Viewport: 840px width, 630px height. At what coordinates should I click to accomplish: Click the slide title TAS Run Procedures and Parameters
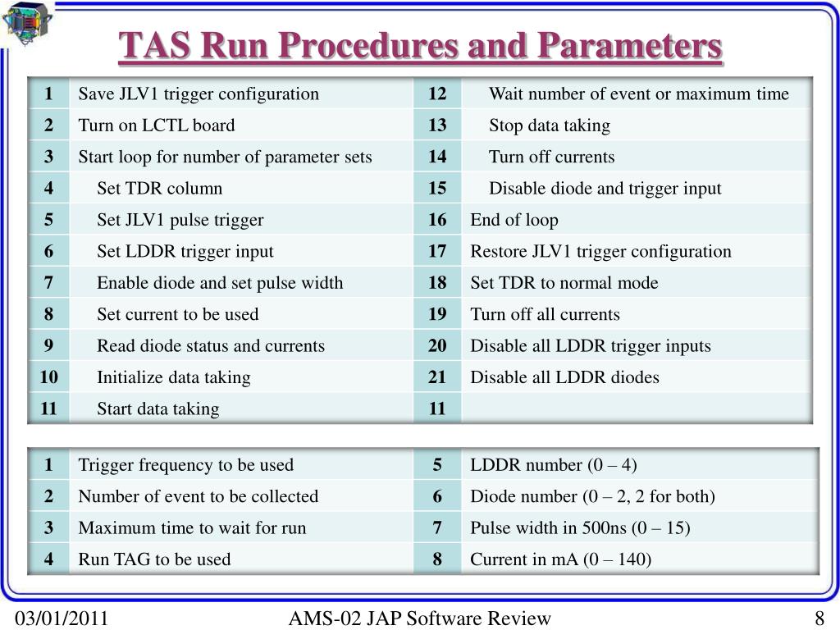click(x=421, y=47)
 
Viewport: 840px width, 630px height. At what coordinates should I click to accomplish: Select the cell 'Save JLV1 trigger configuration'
click(x=199, y=94)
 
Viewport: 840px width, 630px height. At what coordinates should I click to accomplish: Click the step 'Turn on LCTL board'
click(x=157, y=126)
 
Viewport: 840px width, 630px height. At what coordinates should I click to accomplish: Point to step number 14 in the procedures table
click(x=437, y=157)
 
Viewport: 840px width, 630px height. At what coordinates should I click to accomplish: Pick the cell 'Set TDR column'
click(x=160, y=189)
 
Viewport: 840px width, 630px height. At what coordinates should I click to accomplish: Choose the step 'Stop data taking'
click(x=550, y=126)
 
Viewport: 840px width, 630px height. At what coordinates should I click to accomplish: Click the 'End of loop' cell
click(x=514, y=220)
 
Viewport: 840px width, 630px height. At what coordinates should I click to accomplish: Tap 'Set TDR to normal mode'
click(x=564, y=283)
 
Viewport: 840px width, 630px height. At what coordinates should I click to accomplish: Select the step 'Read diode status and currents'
click(x=211, y=345)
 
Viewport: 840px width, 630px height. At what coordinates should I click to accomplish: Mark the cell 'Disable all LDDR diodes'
click(x=564, y=377)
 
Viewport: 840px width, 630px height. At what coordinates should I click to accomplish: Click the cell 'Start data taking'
click(x=158, y=409)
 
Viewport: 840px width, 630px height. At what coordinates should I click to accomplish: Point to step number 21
click(x=437, y=377)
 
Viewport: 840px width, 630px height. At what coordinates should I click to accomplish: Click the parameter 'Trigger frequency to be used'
click(x=185, y=465)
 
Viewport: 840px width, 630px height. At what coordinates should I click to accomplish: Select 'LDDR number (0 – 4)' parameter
click(x=554, y=465)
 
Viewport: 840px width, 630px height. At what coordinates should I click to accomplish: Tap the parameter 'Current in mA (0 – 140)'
click(x=561, y=559)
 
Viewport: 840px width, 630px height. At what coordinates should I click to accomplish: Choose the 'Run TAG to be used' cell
click(x=154, y=559)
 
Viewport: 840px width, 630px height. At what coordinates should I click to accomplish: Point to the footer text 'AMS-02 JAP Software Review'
click(x=420, y=619)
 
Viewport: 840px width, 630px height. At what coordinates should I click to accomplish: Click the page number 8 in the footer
click(x=819, y=619)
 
